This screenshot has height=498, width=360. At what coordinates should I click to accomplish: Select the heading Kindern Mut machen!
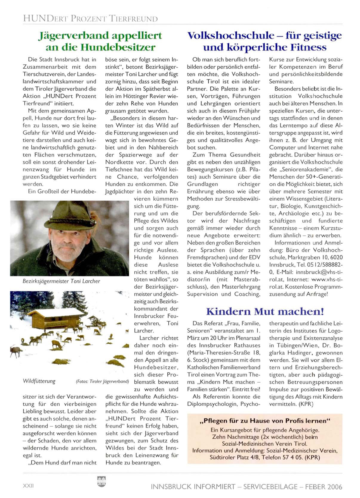click(265, 311)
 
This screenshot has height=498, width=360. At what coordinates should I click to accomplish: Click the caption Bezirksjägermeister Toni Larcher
click(61, 281)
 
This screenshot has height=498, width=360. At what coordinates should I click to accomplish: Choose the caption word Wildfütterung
click(39, 381)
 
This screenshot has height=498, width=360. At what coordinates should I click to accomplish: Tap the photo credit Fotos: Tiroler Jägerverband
click(102, 382)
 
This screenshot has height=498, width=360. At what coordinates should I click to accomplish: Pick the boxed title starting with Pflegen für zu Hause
click(264, 421)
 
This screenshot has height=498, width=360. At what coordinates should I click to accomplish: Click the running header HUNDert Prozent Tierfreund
click(90, 19)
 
